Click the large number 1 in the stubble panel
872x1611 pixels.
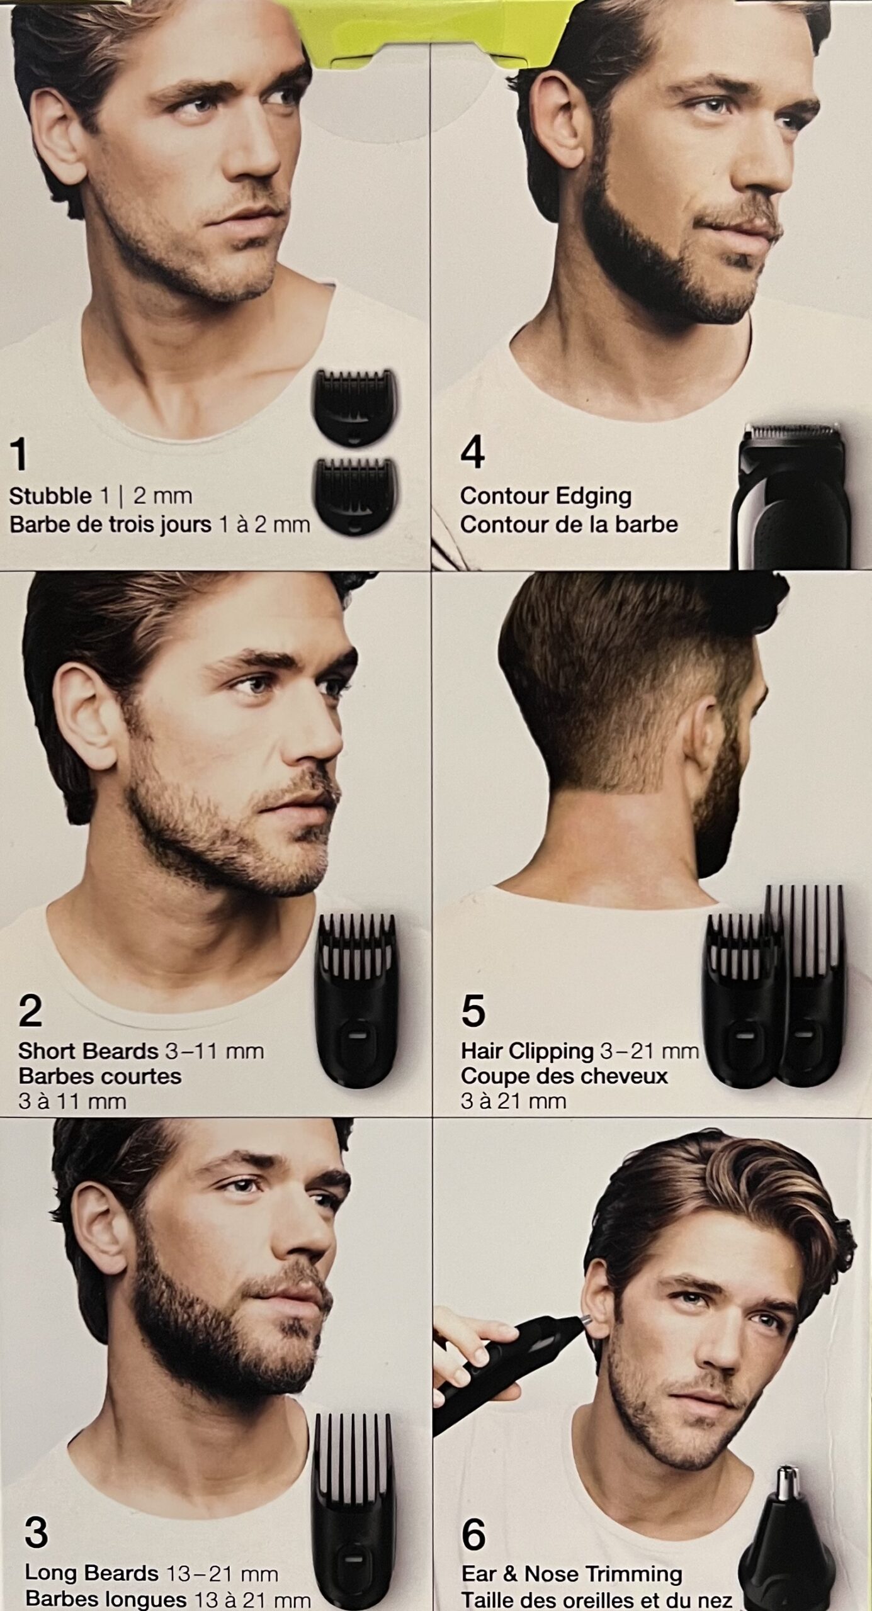[20, 456]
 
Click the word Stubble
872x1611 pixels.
[50, 496]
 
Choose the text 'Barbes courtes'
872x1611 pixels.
[100, 1075]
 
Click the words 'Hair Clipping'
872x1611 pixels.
[527, 1051]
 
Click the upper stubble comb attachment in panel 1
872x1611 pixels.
[356, 408]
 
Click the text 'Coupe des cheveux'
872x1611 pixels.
[564, 1075]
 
